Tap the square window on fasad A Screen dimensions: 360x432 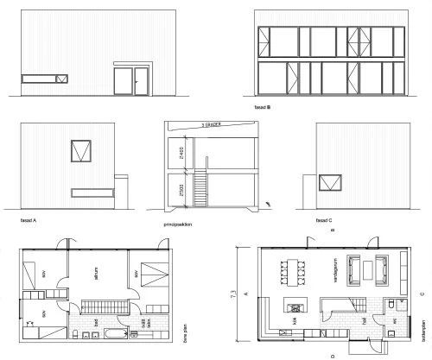(x=84, y=150)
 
